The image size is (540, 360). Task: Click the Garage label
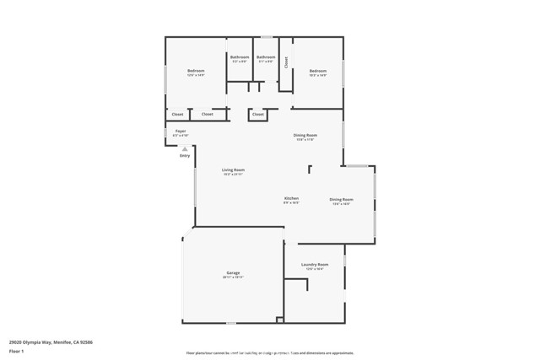pos(233,273)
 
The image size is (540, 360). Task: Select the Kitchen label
pos(291,198)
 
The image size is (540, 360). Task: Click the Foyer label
pos(181,132)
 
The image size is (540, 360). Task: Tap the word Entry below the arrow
pos(185,155)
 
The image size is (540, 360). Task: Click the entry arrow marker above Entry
pos(185,148)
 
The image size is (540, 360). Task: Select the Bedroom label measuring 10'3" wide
pos(317,71)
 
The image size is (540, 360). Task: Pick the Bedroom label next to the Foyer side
pos(196,71)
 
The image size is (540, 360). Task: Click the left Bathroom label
pos(240,56)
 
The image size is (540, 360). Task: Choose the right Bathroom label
pos(266,56)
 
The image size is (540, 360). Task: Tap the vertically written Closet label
pos(286,62)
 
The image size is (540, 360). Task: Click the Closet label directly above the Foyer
pos(177,114)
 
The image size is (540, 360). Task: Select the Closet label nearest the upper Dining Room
pos(258,114)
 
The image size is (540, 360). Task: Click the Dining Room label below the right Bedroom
pos(305,135)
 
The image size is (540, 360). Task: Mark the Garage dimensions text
pos(233,277)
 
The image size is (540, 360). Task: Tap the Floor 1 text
pos(16,350)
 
